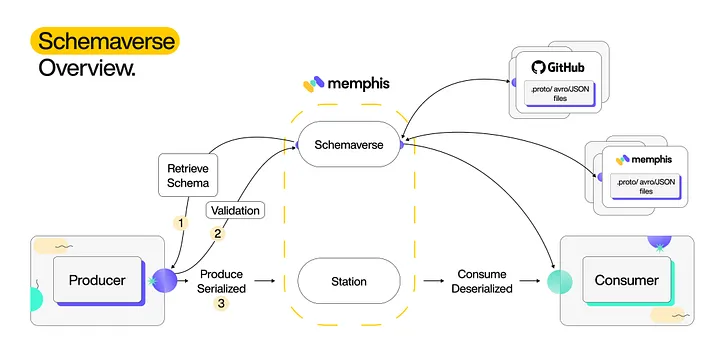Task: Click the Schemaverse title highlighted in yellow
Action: pyautogui.click(x=104, y=40)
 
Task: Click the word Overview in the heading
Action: pyautogui.click(x=87, y=69)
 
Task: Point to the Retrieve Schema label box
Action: pyautogui.click(x=187, y=175)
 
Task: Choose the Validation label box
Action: pyautogui.click(x=234, y=211)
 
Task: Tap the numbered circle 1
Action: pyautogui.click(x=181, y=222)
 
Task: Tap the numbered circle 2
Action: pyautogui.click(x=217, y=234)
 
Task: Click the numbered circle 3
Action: pyautogui.click(x=221, y=303)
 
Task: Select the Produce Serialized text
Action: pyautogui.click(x=221, y=280)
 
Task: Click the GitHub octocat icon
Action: pyautogui.click(x=539, y=68)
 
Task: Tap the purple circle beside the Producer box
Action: pyautogui.click(x=164, y=281)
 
